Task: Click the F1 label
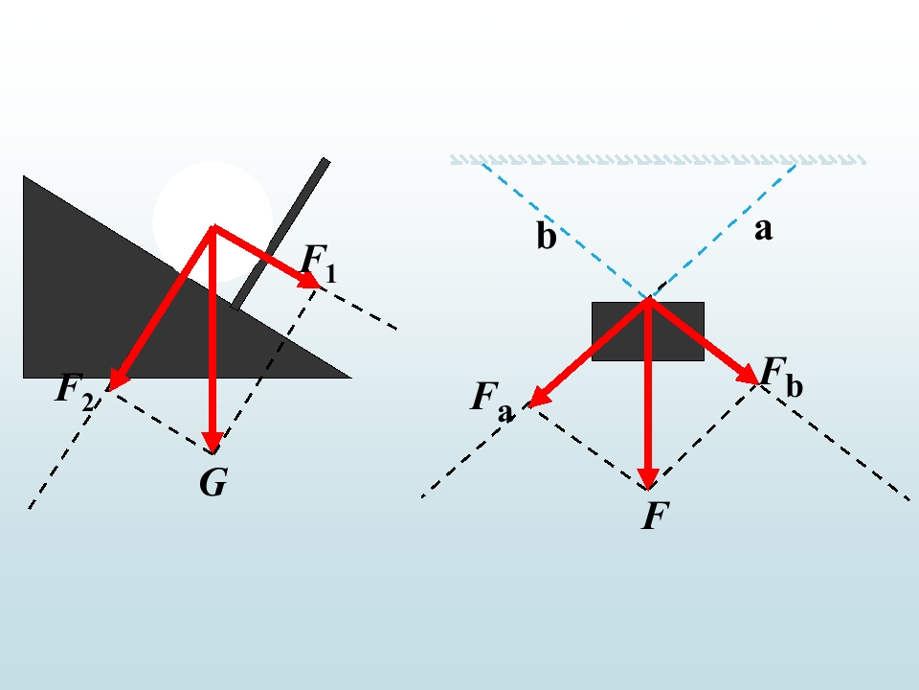[x=319, y=264]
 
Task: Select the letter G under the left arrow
[x=213, y=482]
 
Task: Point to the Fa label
[x=492, y=402]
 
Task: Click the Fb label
[x=782, y=378]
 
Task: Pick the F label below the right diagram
[x=655, y=516]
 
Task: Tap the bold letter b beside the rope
[x=547, y=236]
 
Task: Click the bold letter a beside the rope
[x=764, y=230]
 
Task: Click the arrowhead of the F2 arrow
[x=118, y=380]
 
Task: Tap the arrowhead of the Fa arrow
[x=539, y=397]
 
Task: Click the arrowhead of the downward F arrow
[x=648, y=478]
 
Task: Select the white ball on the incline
[x=213, y=221]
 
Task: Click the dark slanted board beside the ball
[x=280, y=234]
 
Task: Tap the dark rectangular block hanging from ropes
[x=648, y=332]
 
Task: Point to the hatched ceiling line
[x=658, y=160]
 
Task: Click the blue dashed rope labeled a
[x=722, y=231]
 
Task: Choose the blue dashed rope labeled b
[x=565, y=231]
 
